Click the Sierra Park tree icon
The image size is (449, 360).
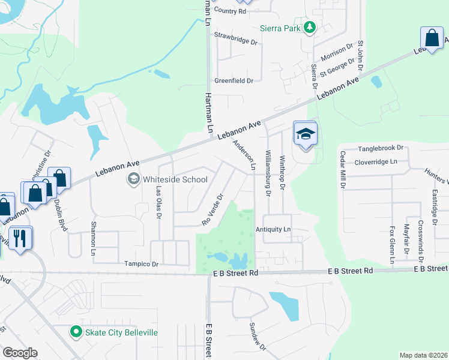[x=310, y=28]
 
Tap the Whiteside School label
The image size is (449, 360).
[x=175, y=179]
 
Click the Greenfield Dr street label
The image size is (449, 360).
[x=234, y=80]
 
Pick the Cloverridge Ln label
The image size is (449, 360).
[x=377, y=161]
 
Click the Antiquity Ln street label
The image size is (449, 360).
[x=273, y=229]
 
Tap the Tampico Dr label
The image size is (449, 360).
[x=141, y=264]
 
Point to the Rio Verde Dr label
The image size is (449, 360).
[x=212, y=209]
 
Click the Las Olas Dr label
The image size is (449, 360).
[x=159, y=200]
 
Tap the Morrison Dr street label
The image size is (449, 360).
[x=337, y=52]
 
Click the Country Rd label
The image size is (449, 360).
[x=230, y=11]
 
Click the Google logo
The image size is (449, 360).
[x=20, y=352]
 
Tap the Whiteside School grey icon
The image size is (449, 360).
[x=133, y=179]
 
